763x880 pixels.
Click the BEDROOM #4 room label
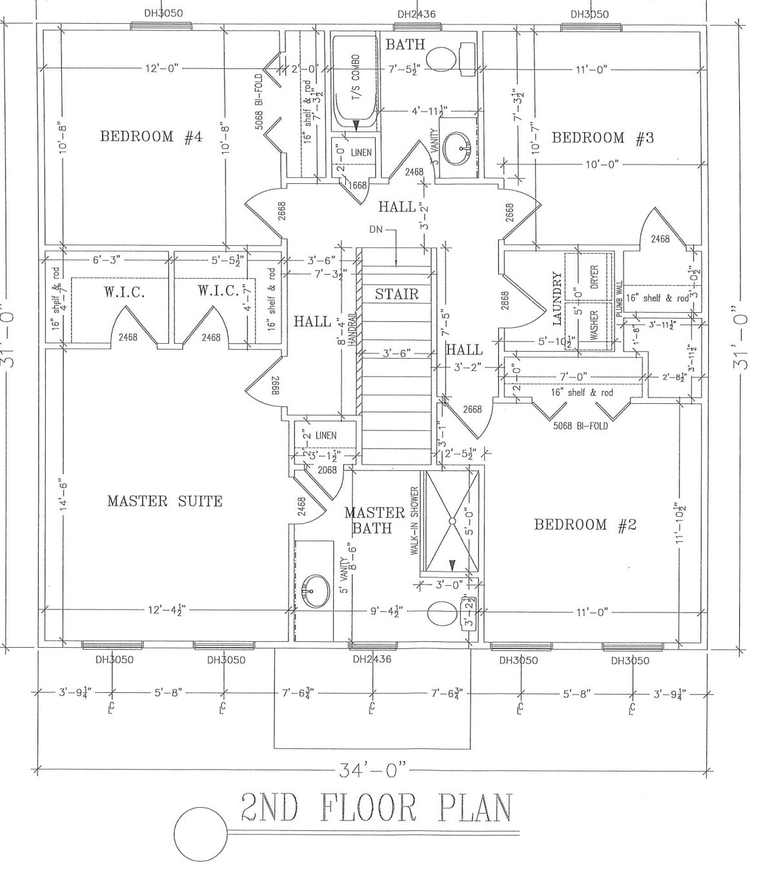coord(151,137)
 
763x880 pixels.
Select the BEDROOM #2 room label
coord(585,525)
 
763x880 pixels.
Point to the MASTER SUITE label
coord(165,501)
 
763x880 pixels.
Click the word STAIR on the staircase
coord(397,294)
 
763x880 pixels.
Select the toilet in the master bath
coord(442,614)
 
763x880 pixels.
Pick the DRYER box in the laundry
coord(594,277)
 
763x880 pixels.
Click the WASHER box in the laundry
coord(594,325)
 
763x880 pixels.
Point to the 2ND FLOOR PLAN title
coord(377,808)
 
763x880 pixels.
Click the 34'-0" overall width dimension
coord(374,769)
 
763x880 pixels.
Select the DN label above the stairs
coord(377,230)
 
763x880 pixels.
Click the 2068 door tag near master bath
coord(327,470)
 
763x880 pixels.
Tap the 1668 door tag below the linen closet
coord(357,185)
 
